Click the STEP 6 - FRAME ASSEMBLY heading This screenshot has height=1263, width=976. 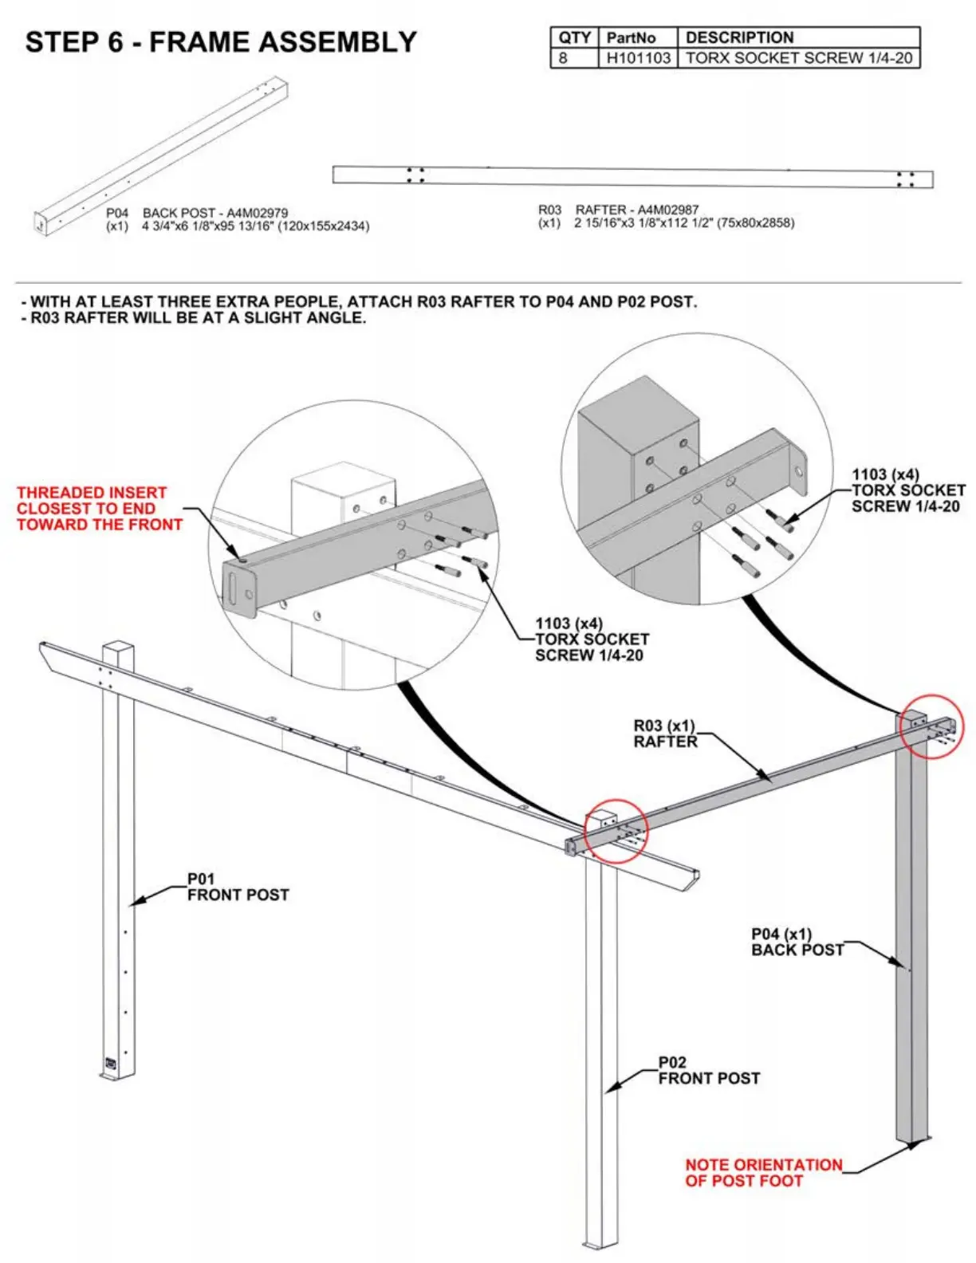221,41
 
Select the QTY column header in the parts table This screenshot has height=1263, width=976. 574,37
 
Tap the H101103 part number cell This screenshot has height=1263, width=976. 638,57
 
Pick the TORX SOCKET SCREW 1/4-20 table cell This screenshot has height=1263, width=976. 798,57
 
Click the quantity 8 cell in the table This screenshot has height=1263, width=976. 564,57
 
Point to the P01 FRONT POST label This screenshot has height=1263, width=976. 238,887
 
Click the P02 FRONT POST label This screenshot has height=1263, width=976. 708,1070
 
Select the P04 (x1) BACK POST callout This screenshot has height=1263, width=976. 797,942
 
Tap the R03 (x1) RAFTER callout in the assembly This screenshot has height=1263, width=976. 665,734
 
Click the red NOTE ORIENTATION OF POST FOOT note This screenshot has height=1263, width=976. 763,1172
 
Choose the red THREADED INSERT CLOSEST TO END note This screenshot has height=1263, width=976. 99,509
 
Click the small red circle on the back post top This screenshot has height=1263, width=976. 931,726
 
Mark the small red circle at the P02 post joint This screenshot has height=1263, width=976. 616,831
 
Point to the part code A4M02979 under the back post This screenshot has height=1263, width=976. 257,213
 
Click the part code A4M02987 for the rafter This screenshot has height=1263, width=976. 667,210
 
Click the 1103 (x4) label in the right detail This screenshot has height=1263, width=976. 885,474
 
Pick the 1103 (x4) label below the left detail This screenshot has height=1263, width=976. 569,624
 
